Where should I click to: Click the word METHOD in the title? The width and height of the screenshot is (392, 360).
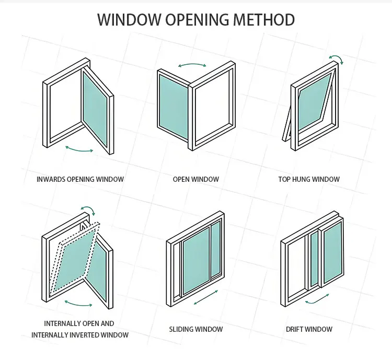[x=260, y=20]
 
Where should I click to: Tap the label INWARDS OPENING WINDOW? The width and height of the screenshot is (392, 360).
[x=80, y=179]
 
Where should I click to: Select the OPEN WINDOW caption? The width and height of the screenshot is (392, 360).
[x=196, y=179]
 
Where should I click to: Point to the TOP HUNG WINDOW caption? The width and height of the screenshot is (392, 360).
[x=309, y=179]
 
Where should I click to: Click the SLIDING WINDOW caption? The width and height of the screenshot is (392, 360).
[x=196, y=329]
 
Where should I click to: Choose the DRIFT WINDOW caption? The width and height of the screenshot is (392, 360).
[x=309, y=329]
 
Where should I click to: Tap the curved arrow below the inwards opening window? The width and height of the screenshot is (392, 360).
[x=79, y=149]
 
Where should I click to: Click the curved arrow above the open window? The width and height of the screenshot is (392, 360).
[x=192, y=65]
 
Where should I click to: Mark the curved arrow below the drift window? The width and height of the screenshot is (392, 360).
[x=317, y=299]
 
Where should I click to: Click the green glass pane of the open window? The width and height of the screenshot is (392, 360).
[x=173, y=102]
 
